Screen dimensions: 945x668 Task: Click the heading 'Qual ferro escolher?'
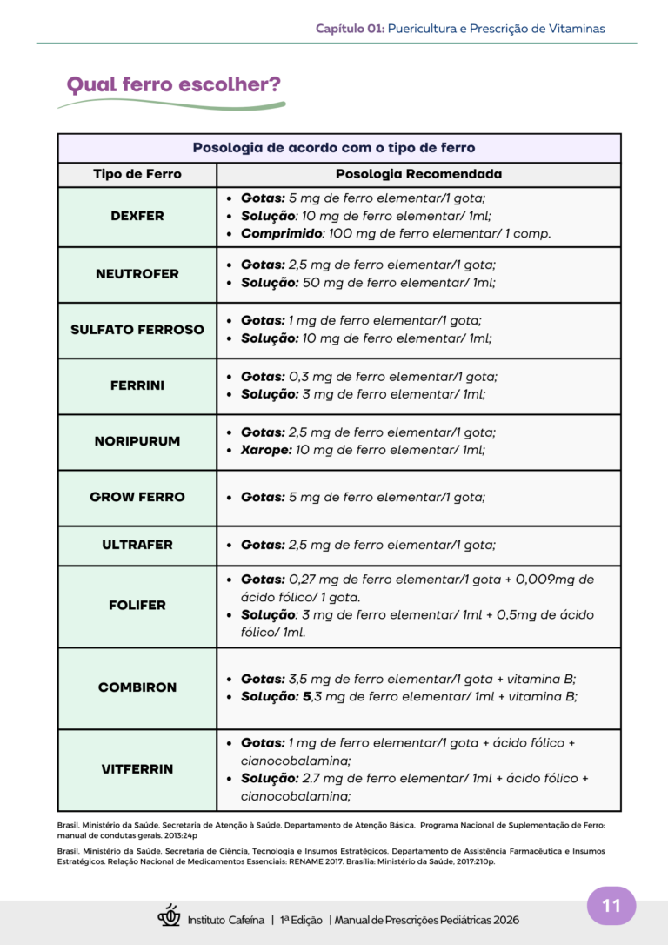[173, 85]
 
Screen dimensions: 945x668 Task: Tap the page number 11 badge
[611, 906]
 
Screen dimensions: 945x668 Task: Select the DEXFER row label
[137, 216]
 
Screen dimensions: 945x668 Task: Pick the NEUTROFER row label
[137, 274]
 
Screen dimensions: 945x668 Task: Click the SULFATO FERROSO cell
[137, 330]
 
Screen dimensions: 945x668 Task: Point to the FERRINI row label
[137, 385]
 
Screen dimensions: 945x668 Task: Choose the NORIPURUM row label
[137, 441]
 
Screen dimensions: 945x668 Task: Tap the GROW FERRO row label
[137, 497]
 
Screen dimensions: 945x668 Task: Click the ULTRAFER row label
[137, 545]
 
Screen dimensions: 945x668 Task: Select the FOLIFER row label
[137, 605]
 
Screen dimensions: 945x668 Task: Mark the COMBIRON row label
[137, 687]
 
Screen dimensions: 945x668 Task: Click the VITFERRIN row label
[137, 769]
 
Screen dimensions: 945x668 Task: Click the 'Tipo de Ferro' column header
[137, 174]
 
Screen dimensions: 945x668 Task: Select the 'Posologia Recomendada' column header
[418, 174]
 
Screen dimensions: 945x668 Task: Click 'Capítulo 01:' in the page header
[350, 29]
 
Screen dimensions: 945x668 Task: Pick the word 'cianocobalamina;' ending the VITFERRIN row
[296, 796]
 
